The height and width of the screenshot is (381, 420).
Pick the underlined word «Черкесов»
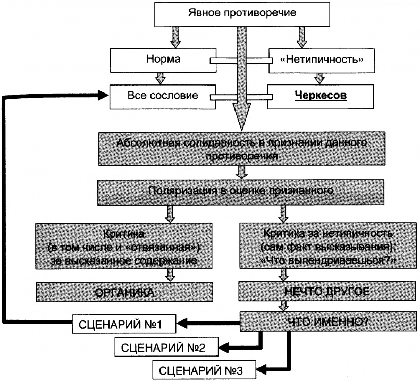[321, 96]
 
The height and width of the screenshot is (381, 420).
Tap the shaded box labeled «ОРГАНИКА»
[124, 292]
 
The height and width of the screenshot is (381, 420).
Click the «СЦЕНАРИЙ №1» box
[124, 322]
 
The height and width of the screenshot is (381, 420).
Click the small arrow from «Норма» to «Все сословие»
[159, 78]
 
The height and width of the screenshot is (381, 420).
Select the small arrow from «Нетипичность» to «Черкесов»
[320, 78]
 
